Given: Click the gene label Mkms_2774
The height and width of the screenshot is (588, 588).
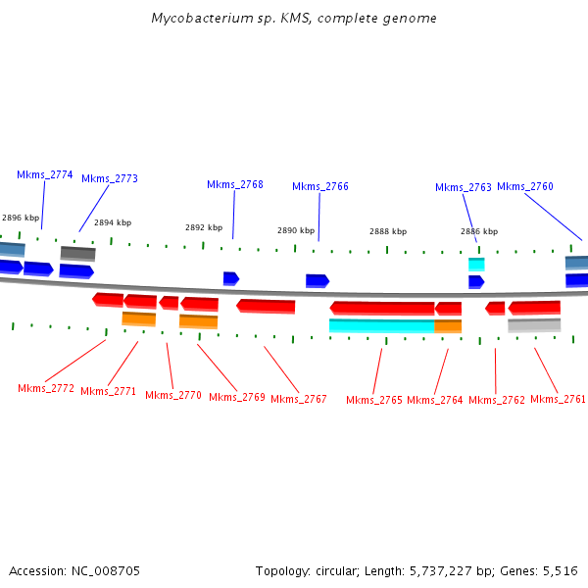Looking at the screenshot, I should [44, 174].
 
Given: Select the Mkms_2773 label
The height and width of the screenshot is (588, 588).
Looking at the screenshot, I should [109, 178].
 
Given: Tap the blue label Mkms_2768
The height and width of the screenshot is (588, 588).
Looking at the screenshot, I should [234, 184].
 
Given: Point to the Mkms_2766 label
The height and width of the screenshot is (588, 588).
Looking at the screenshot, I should [319, 186].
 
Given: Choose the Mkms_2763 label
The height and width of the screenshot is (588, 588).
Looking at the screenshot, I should [463, 187].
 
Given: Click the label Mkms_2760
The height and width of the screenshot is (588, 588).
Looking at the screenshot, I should [524, 186].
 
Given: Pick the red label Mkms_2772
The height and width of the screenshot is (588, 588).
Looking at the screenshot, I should [45, 388].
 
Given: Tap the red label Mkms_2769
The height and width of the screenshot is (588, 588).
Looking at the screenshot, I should [236, 397].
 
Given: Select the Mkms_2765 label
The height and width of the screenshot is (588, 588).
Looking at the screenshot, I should [373, 400].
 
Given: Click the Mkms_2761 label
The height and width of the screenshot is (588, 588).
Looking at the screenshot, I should [558, 399].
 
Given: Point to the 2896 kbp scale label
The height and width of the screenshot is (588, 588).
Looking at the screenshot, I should [20, 218].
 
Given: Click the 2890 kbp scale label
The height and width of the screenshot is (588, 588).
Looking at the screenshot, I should [295, 231].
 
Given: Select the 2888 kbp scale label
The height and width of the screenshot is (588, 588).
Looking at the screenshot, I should [387, 231].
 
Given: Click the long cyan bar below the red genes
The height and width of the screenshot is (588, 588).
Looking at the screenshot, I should [381, 326].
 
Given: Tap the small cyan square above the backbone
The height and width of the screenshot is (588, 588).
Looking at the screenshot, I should [476, 264].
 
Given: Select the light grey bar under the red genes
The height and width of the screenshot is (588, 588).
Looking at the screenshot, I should [533, 325].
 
